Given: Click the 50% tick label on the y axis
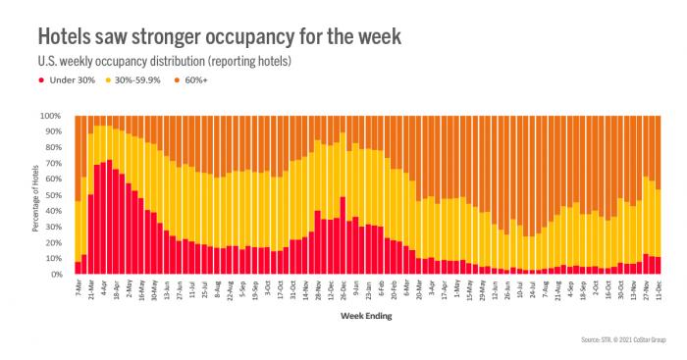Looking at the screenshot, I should [x=53, y=195].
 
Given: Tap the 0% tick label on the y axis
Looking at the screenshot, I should [x=56, y=275].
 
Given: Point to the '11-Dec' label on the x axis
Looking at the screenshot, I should [x=657, y=291].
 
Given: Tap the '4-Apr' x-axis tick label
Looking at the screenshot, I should [x=103, y=290].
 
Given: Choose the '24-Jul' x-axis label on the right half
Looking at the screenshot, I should [x=532, y=291].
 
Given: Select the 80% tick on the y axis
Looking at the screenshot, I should [x=53, y=147].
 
